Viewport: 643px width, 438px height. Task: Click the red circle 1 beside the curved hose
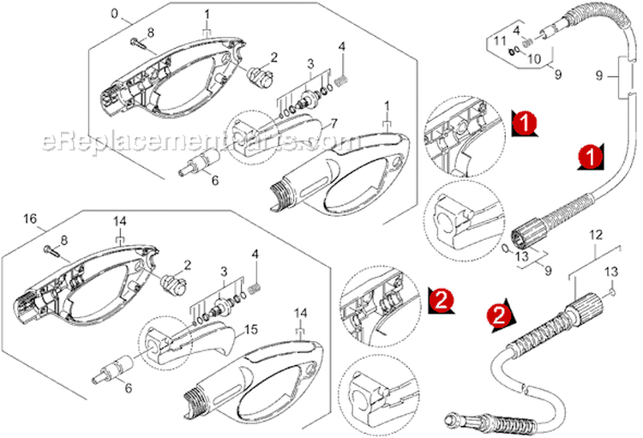point(588,155)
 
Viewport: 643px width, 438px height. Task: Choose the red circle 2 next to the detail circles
point(441,298)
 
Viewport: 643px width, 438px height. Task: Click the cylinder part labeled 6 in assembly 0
point(203,162)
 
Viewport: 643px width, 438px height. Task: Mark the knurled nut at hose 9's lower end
point(525,234)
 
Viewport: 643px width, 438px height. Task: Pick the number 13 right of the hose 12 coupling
point(610,271)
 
